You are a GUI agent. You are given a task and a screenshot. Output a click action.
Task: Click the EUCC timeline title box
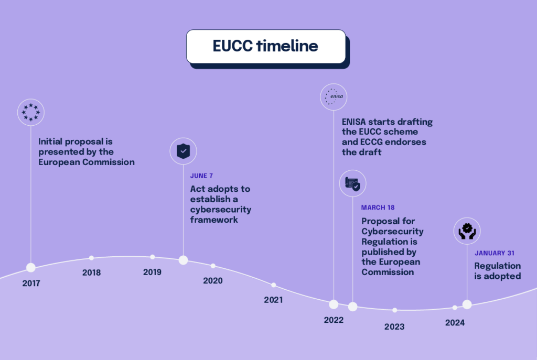[266, 47]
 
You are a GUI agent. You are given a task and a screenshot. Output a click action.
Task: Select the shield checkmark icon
[183, 151]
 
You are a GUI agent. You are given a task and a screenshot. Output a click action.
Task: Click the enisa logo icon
[334, 97]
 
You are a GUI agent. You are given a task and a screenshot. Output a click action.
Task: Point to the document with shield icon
[352, 183]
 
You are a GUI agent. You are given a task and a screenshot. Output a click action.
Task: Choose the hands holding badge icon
[467, 231]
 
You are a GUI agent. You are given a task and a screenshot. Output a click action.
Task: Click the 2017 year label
[31, 283]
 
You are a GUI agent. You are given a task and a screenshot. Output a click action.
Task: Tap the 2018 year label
[91, 272]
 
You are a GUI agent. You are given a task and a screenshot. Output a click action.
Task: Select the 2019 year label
[152, 272]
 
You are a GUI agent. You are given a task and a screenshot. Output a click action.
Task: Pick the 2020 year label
[212, 281]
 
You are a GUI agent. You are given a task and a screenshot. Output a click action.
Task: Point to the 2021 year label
[273, 300]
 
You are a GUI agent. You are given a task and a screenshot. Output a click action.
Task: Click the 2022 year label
[334, 320]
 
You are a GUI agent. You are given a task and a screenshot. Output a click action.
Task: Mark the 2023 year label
[394, 327]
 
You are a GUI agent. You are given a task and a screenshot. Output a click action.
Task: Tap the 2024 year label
[455, 323]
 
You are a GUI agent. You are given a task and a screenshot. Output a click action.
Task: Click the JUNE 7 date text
[201, 176]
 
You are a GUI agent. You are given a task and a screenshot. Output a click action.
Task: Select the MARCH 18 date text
[378, 208]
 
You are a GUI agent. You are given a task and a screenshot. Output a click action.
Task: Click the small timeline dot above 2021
[273, 285]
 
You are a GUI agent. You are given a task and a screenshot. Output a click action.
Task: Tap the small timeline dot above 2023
[394, 310]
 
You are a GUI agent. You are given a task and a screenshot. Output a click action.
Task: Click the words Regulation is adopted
[497, 271]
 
